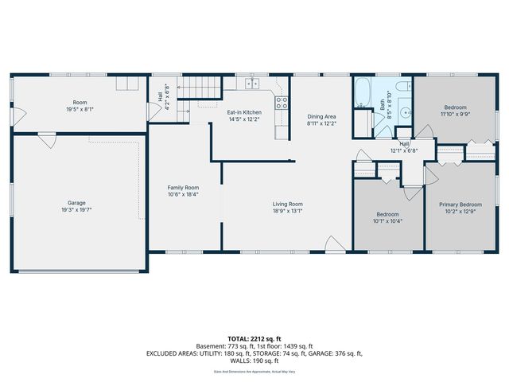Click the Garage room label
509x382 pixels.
76,203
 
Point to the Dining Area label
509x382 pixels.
322,117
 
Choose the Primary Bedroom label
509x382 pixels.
460,205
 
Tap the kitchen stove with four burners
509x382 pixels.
281,101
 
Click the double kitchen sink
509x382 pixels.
253,83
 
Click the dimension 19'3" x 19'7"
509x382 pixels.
76,211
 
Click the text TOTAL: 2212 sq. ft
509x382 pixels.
254,338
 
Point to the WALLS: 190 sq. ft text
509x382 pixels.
254,360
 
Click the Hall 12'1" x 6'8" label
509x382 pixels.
404,148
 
